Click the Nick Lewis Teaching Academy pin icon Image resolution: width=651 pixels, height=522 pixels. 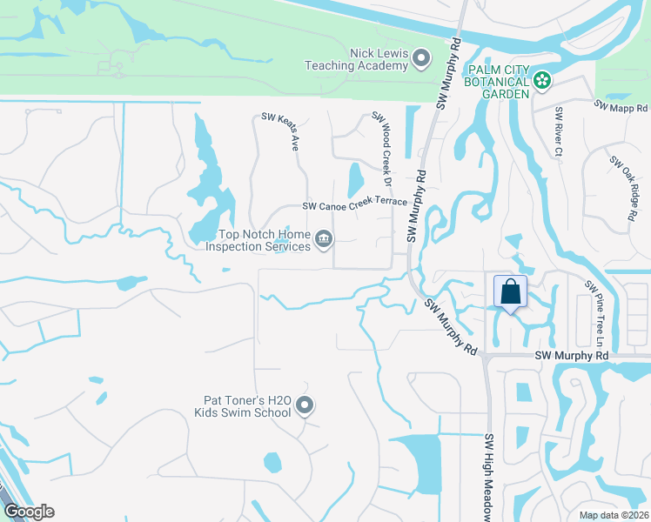tap(421, 59)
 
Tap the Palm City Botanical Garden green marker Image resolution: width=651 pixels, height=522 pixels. tap(543, 81)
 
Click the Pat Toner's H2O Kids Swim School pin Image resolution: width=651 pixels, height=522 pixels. tap(305, 405)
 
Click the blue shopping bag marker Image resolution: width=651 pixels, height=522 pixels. tap(510, 291)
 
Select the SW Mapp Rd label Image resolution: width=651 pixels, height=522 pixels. tap(621, 104)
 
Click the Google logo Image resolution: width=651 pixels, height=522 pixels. tap(29, 512)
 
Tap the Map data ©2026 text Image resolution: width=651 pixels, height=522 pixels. tap(614, 515)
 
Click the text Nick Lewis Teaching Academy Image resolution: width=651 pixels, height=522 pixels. tap(355, 59)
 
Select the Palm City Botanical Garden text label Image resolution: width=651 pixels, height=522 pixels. tap(498, 81)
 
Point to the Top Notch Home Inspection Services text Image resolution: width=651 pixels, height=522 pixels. tap(258, 240)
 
